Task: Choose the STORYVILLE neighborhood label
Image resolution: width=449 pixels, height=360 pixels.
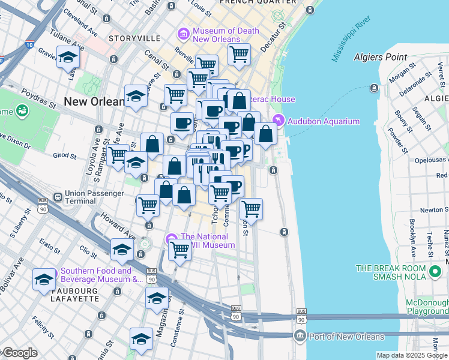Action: tap(134, 38)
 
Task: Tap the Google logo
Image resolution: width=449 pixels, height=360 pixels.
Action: tap(20, 353)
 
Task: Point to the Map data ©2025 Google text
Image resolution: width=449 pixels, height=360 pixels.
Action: tap(411, 354)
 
